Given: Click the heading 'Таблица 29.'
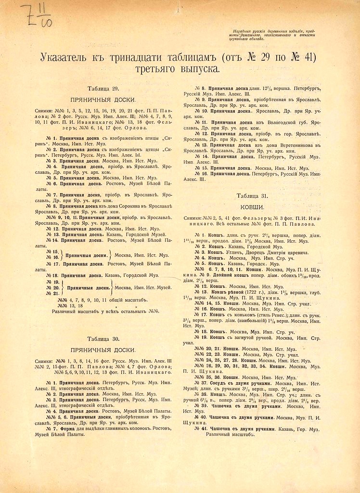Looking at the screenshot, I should (x=103, y=89).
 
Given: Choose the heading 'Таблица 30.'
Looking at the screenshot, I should (x=103, y=338).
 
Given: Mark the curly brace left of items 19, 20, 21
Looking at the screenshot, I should (x=64, y=287).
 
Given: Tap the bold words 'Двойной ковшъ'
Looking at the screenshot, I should (x=242, y=275).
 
